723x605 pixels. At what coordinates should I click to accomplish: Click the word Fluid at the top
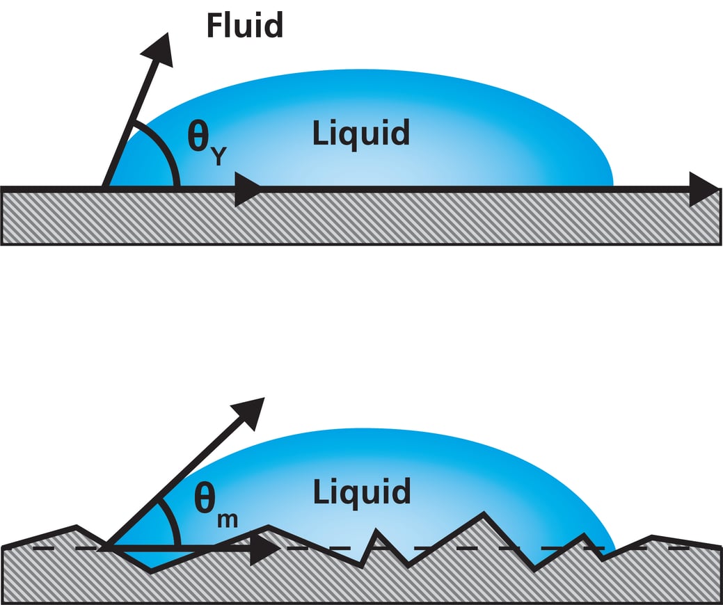[244, 25]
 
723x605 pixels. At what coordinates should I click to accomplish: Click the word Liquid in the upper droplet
[360, 132]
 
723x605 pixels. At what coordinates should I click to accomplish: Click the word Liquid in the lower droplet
[360, 492]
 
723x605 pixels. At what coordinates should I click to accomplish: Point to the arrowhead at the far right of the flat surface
[704, 188]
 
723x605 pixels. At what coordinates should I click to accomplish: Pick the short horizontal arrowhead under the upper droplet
[246, 189]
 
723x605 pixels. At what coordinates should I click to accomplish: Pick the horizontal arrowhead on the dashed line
[264, 549]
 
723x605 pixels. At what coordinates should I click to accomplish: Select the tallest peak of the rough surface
[480, 515]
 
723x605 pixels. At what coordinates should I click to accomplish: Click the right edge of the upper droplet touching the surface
[612, 184]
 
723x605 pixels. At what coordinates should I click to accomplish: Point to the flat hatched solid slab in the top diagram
[362, 218]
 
